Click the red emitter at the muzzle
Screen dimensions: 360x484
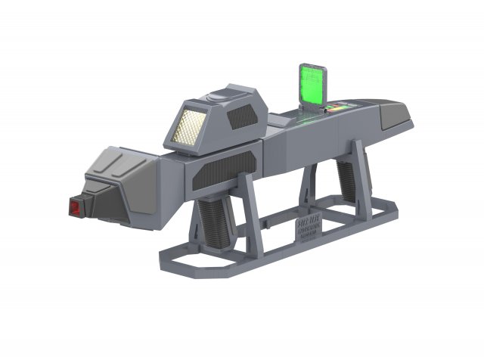(x=74, y=206)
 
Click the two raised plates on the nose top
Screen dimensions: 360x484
(x=121, y=159)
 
